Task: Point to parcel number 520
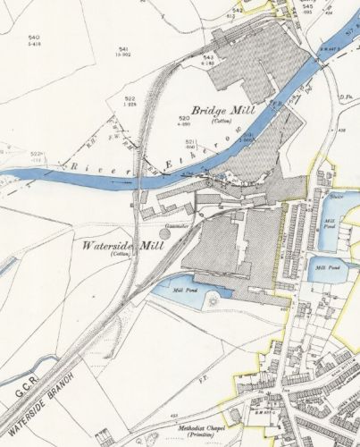click(184, 117)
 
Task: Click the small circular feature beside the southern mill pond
click(213, 302)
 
